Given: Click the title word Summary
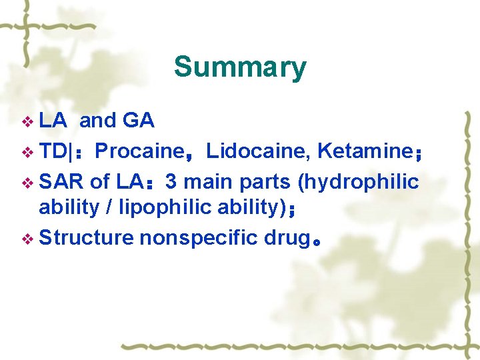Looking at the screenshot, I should pyautogui.click(x=240, y=67).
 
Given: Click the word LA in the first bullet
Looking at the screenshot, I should pyautogui.click(x=53, y=121).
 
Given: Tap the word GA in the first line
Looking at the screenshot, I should pyautogui.click(x=139, y=121).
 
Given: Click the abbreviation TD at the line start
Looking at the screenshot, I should pyautogui.click(x=53, y=151).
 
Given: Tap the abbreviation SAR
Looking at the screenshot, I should pyautogui.click(x=61, y=181).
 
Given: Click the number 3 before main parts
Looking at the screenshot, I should pyautogui.click(x=171, y=181).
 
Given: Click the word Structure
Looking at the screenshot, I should pyautogui.click(x=87, y=237).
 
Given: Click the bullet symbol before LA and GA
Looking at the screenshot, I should pyautogui.click(x=27, y=122).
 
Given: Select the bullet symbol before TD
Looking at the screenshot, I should pyautogui.click(x=27, y=153).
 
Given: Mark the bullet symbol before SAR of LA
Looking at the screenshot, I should pyautogui.click(x=27, y=183).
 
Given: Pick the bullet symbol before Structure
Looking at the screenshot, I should pyautogui.click(x=27, y=238).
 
